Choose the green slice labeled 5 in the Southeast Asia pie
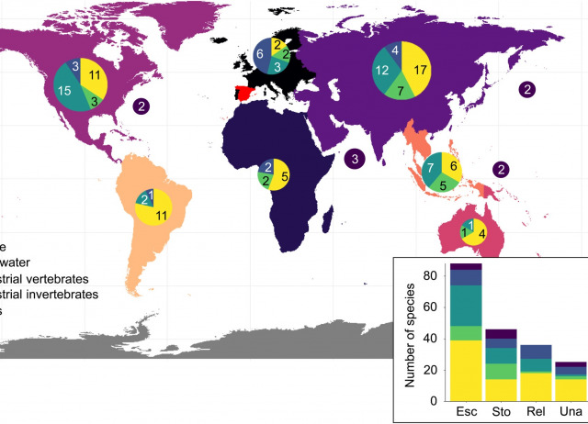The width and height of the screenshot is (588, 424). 443,185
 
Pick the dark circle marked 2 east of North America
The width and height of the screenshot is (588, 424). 141,106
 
